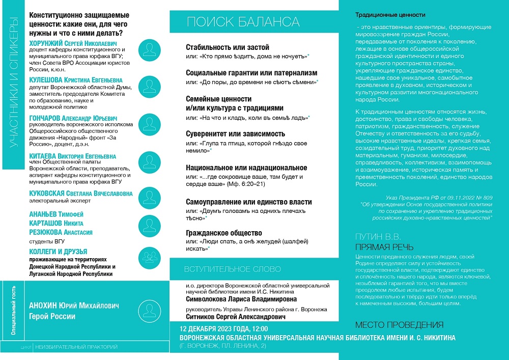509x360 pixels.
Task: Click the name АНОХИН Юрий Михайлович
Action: pyautogui.click(x=74, y=306)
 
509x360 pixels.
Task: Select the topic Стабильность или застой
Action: pyautogui.click(x=228, y=47)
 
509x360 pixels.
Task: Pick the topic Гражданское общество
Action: pyautogui.click(x=224, y=233)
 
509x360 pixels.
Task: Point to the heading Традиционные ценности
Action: pyautogui.click(x=390, y=15)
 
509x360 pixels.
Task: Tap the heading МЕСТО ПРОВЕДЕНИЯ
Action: pyautogui.click(x=399, y=325)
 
